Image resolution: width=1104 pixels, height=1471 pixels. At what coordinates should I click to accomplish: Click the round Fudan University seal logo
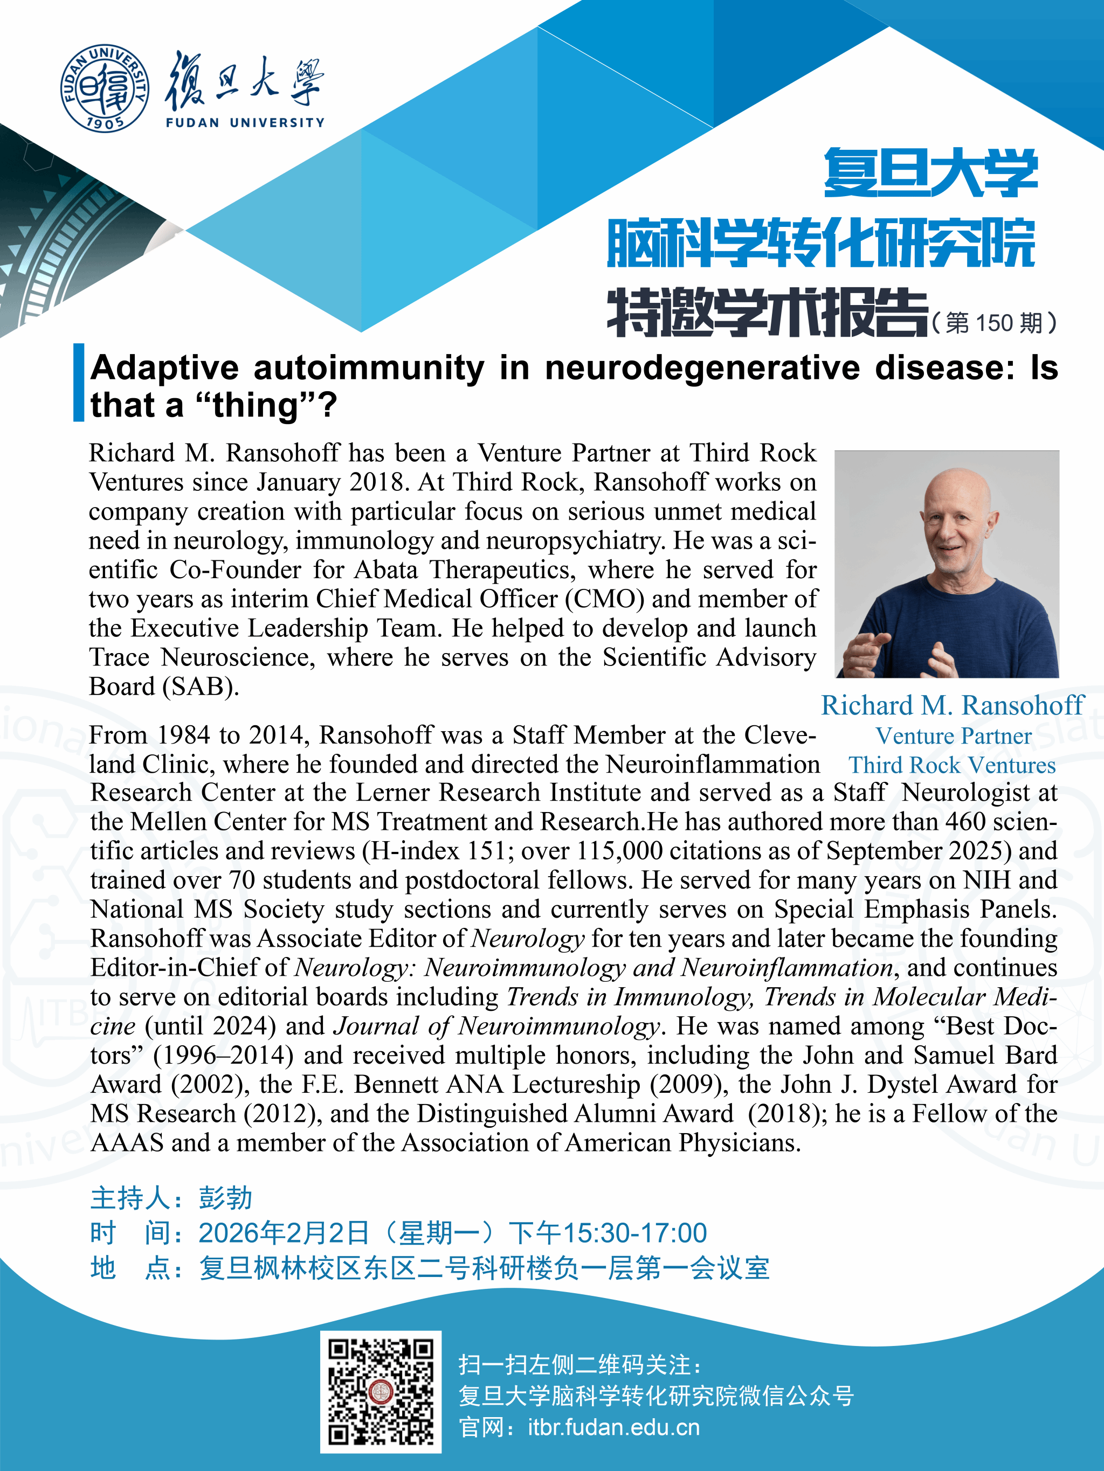point(105,88)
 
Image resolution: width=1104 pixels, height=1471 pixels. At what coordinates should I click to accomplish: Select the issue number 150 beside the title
point(993,323)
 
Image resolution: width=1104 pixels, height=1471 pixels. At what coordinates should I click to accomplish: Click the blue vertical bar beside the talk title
point(79,383)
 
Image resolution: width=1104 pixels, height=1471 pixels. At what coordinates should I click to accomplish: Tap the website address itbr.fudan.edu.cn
point(613,1428)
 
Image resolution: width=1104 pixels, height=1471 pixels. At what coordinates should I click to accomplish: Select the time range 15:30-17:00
point(635,1233)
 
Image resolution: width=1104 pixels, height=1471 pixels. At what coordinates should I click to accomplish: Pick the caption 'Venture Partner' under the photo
point(953,735)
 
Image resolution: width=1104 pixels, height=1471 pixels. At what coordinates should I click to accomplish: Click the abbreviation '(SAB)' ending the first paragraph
point(201,686)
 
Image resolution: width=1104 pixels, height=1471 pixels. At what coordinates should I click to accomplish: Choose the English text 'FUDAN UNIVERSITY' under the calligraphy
point(245,122)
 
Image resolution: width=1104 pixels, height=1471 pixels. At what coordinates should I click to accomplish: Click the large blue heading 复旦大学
point(930,173)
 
